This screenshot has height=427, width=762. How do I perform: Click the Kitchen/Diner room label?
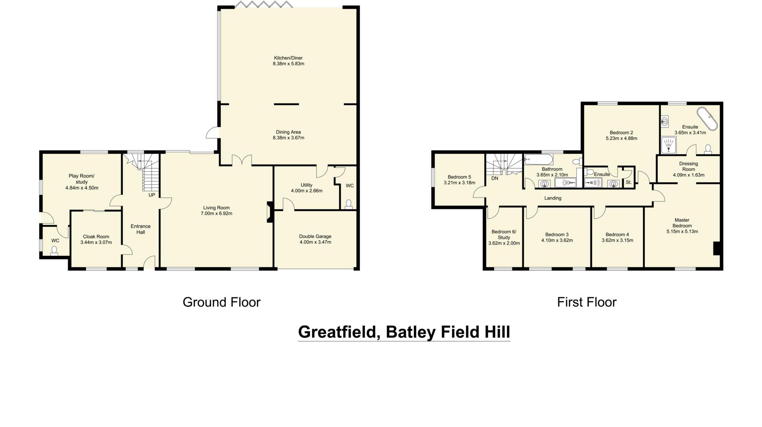(288, 58)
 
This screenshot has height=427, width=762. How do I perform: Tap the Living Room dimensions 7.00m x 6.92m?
(216, 214)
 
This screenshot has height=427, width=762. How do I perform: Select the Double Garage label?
(315, 236)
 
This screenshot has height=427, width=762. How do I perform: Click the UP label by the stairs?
(152, 195)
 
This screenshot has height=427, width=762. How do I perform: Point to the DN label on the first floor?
(494, 178)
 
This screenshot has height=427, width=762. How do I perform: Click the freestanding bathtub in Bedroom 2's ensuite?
(707, 119)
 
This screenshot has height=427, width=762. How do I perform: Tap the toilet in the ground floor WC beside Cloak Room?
(55, 251)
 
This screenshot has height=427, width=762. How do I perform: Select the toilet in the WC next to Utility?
(349, 204)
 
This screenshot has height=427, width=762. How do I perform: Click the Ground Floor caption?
(221, 302)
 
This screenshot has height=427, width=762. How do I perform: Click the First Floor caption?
(586, 302)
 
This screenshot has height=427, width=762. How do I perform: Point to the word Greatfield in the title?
(339, 332)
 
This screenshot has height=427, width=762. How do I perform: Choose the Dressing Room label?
(688, 166)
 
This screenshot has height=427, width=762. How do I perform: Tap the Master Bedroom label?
(682, 223)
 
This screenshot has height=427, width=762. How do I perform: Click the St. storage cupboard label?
(628, 182)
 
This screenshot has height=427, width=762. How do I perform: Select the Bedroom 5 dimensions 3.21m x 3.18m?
(459, 183)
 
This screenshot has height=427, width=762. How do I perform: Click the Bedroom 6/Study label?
(504, 235)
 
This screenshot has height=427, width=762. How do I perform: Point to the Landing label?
(553, 198)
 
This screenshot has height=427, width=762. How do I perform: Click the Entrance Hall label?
(141, 229)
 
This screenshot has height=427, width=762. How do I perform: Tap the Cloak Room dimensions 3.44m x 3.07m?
(96, 242)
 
